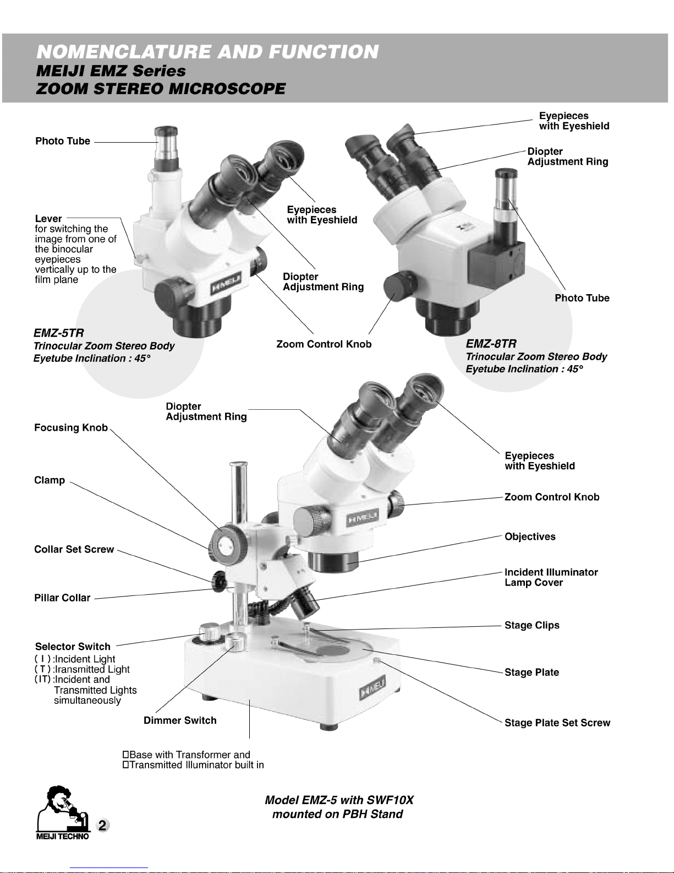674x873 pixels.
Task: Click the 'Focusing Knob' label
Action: [x=71, y=427]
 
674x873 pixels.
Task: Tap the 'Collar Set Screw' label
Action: [x=74, y=549]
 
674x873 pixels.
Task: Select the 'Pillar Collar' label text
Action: [x=62, y=598]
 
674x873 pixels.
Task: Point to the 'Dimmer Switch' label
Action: [x=180, y=720]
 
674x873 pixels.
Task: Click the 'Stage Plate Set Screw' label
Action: [x=557, y=723]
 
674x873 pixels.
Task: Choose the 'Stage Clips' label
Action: [x=532, y=625]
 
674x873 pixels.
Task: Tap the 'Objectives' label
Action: [x=530, y=536]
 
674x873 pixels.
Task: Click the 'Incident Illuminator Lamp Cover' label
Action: [x=551, y=577]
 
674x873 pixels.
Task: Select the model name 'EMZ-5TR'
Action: [x=58, y=333]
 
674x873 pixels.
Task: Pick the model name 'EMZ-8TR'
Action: [x=491, y=344]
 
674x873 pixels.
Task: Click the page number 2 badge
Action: [x=103, y=825]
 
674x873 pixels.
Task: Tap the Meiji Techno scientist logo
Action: [x=63, y=813]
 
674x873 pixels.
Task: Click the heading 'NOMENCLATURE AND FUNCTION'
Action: [x=207, y=52]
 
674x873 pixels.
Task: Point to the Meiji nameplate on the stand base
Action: [x=372, y=688]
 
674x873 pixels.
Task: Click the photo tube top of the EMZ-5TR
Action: [x=166, y=132]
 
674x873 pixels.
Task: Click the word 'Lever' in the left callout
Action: [x=48, y=219]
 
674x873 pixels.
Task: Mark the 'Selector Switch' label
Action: [x=73, y=647]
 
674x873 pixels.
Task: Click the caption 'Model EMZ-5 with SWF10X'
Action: [x=339, y=800]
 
